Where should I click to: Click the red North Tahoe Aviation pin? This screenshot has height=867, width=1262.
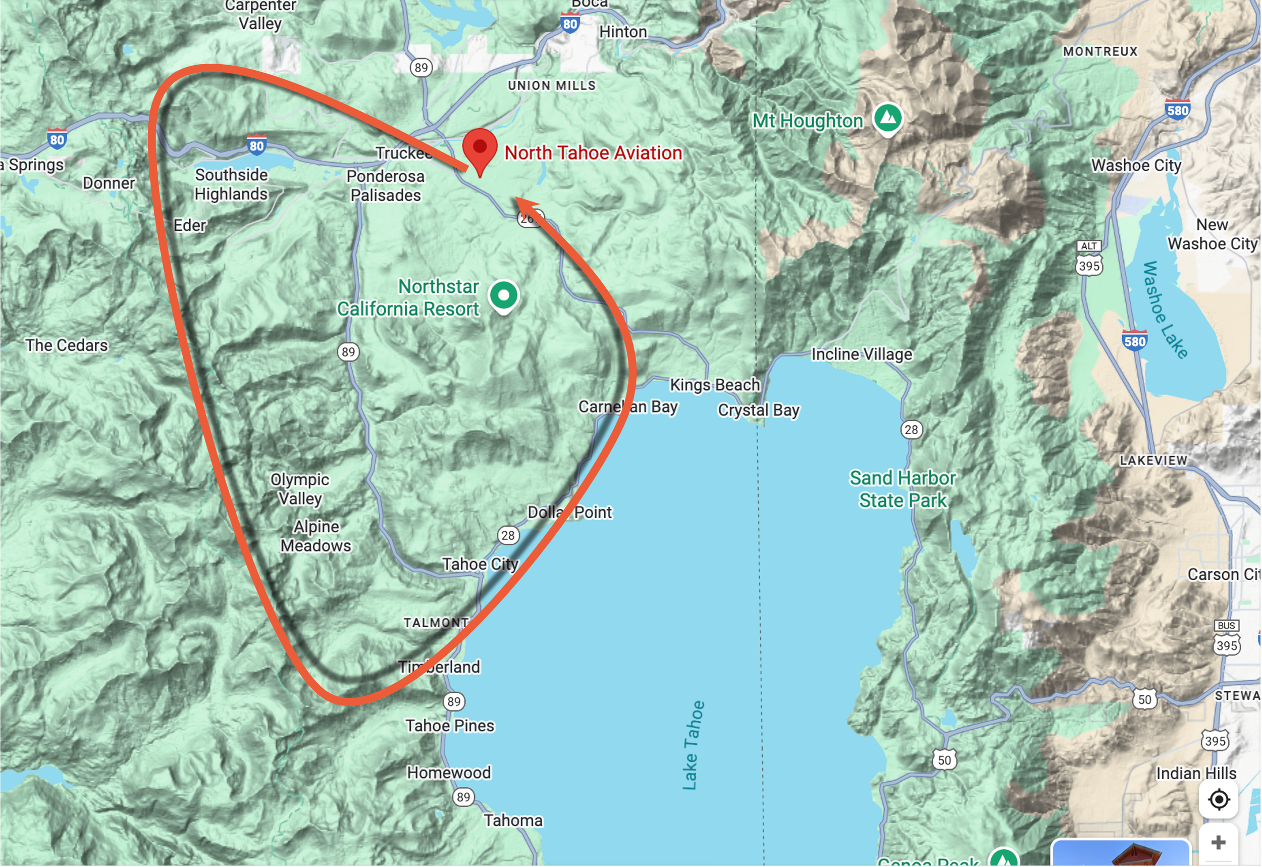480,149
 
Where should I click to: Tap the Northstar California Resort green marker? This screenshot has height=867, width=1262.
503,295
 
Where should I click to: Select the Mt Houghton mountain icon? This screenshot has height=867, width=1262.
888,117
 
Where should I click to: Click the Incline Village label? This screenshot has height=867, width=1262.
861,354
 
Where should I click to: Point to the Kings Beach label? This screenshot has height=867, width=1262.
715,385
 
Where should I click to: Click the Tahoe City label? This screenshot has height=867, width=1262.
480,565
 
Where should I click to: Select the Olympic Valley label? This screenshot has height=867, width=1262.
300,489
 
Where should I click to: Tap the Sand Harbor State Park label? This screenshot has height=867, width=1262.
902,489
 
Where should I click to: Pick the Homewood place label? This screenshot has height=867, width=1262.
449,773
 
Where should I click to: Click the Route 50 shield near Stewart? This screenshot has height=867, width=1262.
1144,699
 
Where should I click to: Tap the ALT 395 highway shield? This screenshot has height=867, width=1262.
1089,259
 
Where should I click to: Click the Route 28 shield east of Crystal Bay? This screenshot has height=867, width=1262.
911,430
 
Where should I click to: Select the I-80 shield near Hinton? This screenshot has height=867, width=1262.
569,23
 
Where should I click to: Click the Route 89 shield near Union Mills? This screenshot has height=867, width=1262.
421,67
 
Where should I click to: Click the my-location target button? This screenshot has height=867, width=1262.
1219,799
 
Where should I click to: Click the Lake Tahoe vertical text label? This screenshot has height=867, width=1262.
693,745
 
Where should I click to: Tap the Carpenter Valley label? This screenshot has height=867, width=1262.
260,15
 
